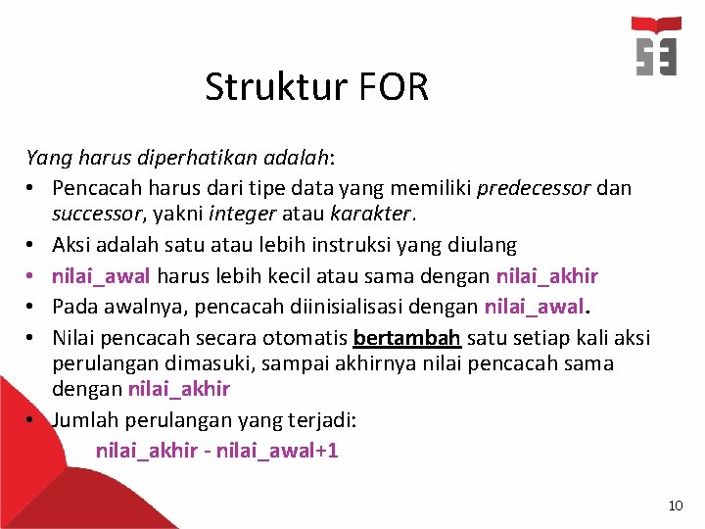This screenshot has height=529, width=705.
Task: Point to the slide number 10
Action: coord(675,505)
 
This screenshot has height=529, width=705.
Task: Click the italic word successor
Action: coord(94,213)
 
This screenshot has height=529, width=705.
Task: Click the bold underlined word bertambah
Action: coord(406,338)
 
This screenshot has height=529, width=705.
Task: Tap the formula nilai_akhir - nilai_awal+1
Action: coord(216,452)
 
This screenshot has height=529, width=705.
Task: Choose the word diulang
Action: coord(481,244)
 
